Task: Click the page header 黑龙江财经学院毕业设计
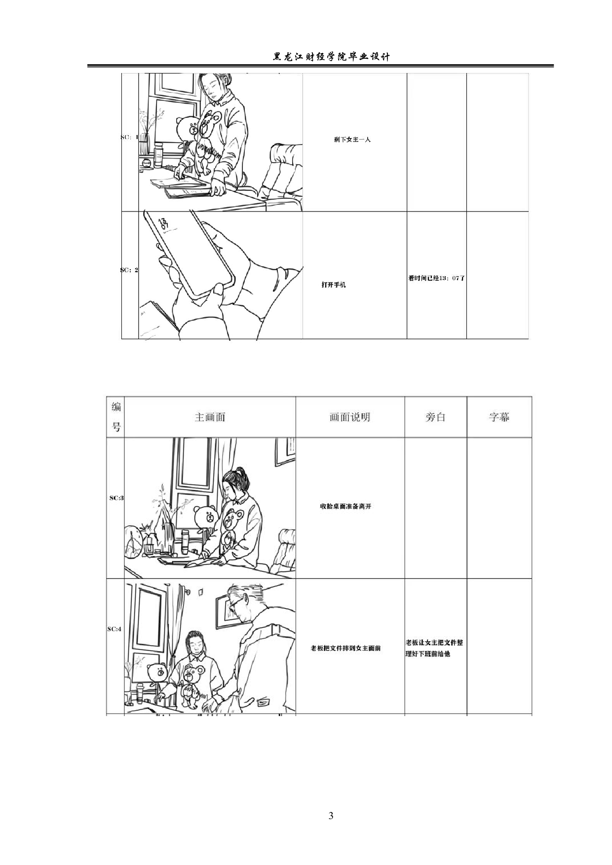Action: tap(331, 57)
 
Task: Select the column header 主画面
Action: tap(210, 417)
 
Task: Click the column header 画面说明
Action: tap(349, 417)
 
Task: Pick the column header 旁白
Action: tap(435, 417)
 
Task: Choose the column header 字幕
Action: tap(499, 417)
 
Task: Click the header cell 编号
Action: tap(116, 417)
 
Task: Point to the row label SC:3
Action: tap(116, 498)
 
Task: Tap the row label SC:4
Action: tap(115, 629)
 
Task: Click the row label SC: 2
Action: tap(129, 270)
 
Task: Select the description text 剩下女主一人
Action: tap(352, 140)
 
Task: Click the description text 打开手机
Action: tap(334, 285)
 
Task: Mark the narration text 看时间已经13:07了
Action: tap(436, 278)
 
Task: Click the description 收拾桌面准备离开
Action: tap(345, 506)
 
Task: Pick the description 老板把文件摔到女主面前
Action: tap(345, 648)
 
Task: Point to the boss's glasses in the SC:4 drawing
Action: tap(237, 604)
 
